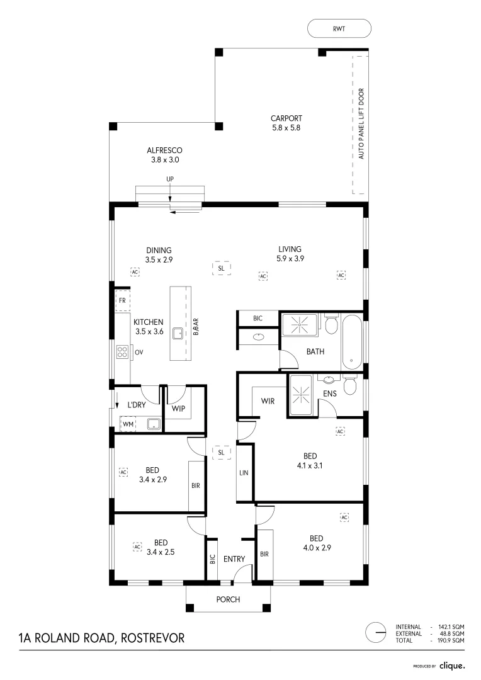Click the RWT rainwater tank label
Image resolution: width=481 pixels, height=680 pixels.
click(339, 28)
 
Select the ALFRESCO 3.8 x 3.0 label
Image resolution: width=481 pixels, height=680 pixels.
click(164, 155)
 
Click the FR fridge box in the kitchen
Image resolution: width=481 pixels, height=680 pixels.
click(123, 301)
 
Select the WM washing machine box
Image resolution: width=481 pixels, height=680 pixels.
click(128, 424)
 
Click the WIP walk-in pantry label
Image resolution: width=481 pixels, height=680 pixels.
click(179, 407)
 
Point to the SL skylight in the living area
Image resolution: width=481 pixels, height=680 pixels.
click(221, 268)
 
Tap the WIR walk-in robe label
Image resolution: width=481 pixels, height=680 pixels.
click(267, 400)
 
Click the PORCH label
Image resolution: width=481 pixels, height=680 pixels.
click(228, 599)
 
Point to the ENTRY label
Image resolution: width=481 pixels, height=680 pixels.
click(234, 558)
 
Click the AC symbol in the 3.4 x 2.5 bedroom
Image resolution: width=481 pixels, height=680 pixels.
click(137, 547)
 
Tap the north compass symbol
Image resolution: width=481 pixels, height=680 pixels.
click(376, 632)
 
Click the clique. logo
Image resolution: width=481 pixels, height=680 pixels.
click(451, 665)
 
